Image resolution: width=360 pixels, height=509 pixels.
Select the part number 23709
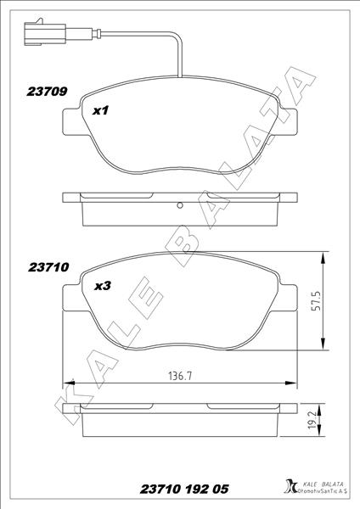coord(49,88)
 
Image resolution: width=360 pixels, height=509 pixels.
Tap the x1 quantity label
coord(101,109)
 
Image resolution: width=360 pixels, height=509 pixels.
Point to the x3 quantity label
coord(102,286)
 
